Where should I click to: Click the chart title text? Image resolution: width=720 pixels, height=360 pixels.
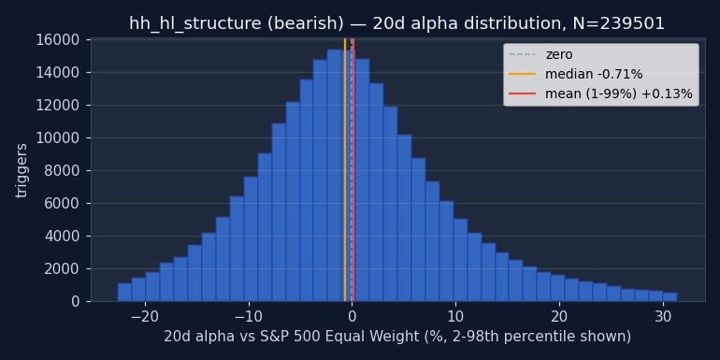tap(396, 23)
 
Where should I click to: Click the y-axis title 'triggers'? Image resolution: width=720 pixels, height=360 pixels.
tap(22, 171)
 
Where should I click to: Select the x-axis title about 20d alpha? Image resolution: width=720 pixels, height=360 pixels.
tap(397, 337)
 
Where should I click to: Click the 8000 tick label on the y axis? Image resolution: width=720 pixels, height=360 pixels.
tap(62, 171)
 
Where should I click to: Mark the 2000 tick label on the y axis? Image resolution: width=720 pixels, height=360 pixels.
tap(62, 269)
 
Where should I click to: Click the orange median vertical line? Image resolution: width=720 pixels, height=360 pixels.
tap(345, 170)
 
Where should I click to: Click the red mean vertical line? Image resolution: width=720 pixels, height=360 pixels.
tap(353, 170)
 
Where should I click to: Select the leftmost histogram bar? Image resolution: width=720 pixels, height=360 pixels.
tap(124, 292)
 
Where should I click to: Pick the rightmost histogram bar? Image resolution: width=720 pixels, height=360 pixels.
tap(670, 296)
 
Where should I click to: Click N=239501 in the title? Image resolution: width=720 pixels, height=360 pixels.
tap(618, 23)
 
